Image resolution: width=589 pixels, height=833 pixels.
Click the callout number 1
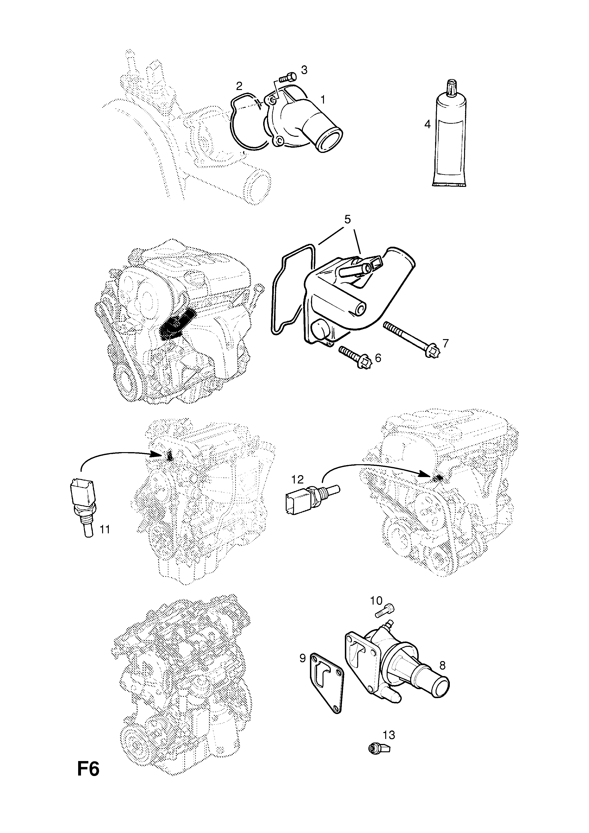pos(322,99)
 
